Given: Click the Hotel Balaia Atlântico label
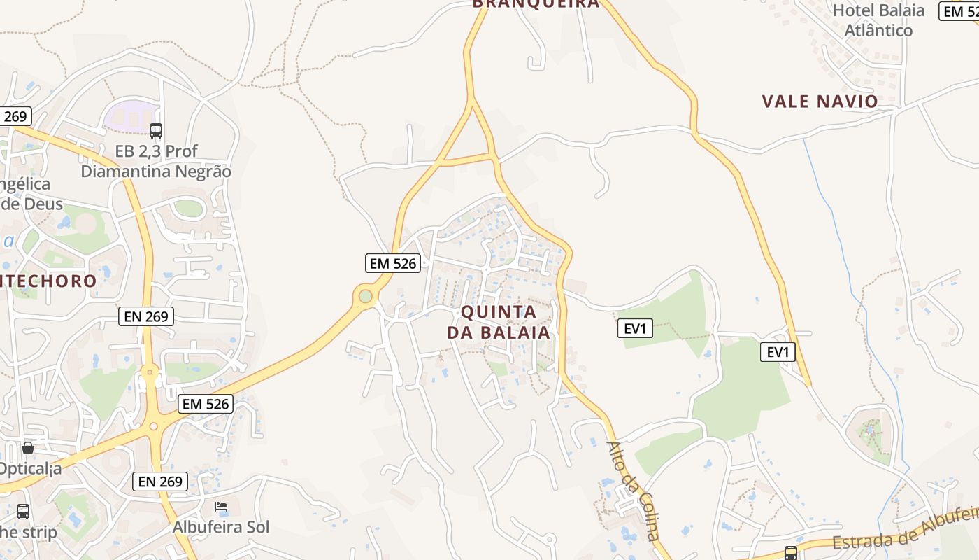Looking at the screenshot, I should [878, 20].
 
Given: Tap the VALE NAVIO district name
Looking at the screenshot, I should [820, 101].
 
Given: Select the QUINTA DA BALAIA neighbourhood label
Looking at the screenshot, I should [499, 322].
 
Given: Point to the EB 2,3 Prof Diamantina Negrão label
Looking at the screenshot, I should [156, 161].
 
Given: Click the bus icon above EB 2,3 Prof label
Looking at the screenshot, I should [156, 130].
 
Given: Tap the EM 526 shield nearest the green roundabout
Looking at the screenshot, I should [393, 263].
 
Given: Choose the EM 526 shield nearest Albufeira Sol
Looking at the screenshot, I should [205, 404].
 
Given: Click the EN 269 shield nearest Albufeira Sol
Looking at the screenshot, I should [160, 482].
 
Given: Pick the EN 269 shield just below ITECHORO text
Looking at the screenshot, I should [145, 316].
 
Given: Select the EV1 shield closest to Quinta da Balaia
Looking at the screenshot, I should [635, 328].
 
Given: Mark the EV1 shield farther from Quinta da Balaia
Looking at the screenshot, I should [778, 352].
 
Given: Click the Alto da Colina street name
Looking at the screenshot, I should [634, 490].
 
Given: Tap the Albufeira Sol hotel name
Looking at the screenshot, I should [221, 527].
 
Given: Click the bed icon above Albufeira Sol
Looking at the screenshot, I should [221, 506].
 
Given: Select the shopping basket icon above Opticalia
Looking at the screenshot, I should [28, 448].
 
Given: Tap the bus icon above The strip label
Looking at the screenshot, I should [23, 511].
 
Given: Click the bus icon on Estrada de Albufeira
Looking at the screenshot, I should [791, 553].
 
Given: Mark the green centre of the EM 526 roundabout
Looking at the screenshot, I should [365, 296].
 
